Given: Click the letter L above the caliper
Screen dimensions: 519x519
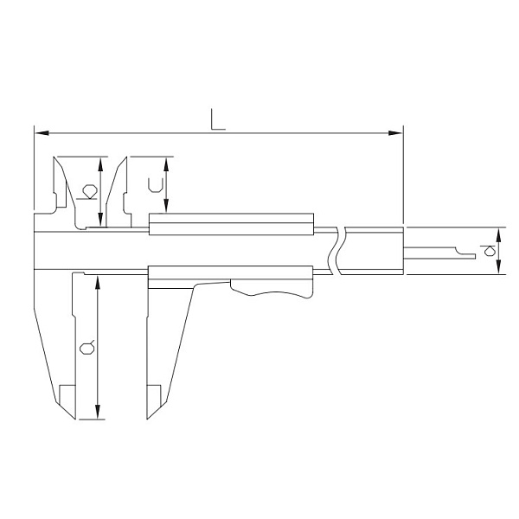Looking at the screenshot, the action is click(218, 119).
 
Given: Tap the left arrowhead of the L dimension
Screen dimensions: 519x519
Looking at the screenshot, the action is click(42, 133).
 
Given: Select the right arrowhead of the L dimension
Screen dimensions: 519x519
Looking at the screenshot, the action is click(395, 133).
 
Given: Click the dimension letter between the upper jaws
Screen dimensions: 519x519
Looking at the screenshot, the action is click(86, 192).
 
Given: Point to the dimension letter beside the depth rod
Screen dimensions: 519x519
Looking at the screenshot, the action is click(488, 251).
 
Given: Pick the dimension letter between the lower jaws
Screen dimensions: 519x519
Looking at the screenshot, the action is click(87, 347).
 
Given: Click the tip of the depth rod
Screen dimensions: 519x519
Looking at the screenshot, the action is click(475, 256).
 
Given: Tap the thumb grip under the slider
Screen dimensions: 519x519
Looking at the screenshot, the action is click(272, 291).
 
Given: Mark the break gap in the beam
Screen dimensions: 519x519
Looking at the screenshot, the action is click(337, 251).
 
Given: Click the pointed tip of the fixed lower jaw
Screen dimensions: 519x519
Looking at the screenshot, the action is click(75, 419).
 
